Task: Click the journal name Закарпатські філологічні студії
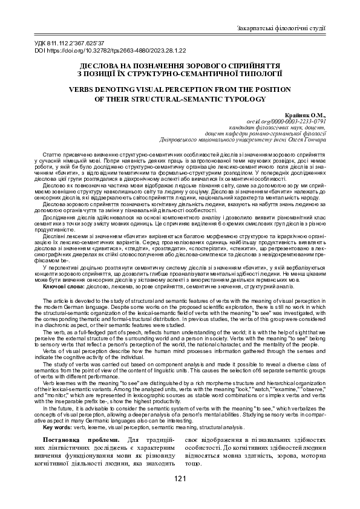click(x=281, y=28)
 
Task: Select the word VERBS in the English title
click(x=88, y=86)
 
